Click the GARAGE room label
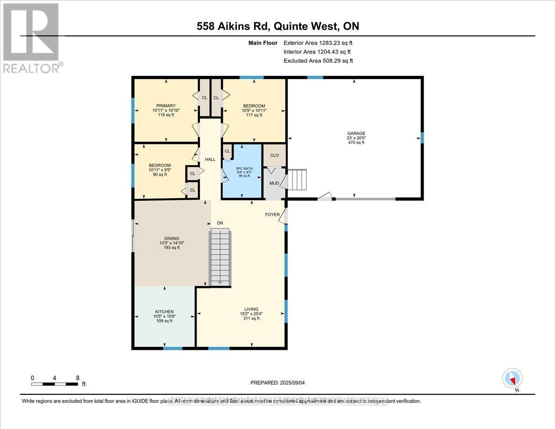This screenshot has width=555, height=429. tap(354, 134)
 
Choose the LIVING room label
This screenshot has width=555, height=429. tap(251, 309)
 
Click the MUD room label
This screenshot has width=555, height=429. tap(274, 183)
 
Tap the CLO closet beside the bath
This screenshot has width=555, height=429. tap(274, 155)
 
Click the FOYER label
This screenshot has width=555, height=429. tap(272, 215)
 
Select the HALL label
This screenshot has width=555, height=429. tap(210, 159)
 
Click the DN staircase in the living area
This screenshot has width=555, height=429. tap(220, 257)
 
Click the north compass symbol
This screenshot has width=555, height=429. tap(512, 379)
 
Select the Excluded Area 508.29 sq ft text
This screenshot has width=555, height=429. tap(318, 61)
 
